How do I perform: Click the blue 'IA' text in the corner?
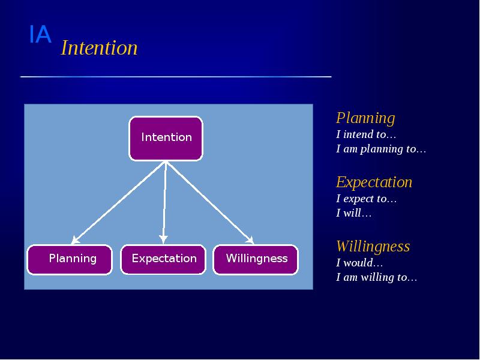[x=40, y=35]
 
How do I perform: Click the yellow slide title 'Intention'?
[x=99, y=48]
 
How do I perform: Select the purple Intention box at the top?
[x=166, y=138]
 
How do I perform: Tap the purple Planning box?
[x=70, y=259]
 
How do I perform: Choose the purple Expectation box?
[x=163, y=259]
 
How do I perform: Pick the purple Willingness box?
[x=256, y=259]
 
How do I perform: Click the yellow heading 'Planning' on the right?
[x=365, y=118]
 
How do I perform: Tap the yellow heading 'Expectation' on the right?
[x=374, y=182]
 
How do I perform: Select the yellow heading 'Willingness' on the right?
[x=373, y=246]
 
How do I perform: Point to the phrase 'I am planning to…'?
[x=381, y=149]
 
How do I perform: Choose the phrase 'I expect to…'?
[x=367, y=199]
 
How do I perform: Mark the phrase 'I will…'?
[x=354, y=213]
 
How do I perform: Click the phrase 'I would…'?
[x=359, y=263]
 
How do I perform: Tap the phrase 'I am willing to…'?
[x=376, y=277]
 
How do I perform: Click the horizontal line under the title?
[x=176, y=77]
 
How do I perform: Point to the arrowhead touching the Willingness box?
[x=250, y=241]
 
